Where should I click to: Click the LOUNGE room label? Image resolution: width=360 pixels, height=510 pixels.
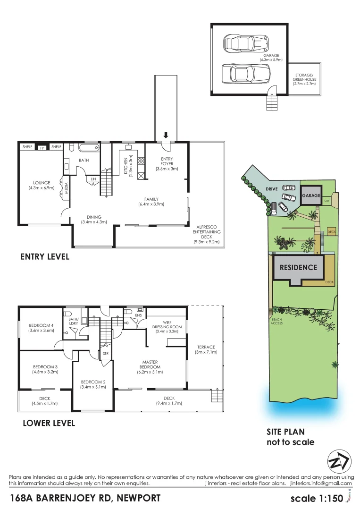coord(42,185)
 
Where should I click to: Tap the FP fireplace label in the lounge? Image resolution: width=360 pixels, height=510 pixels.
coord(42,147)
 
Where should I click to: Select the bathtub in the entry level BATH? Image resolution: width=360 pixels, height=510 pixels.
coord(89,148)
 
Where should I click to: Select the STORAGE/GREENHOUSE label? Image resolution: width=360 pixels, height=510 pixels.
coord(304,79)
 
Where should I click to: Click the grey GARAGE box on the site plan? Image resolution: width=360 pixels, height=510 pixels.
coord(311,195)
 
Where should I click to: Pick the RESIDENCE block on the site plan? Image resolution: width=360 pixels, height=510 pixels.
coord(298,267)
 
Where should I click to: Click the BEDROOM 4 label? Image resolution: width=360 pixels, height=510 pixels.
coord(42,327)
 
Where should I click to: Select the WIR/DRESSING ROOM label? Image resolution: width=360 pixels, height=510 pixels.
coord(167,329)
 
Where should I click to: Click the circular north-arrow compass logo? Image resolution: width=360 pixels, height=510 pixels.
coord(339,461)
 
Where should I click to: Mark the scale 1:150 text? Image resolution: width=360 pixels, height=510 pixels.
coord(318,499)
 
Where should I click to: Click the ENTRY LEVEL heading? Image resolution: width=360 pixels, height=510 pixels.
coord(45,257)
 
